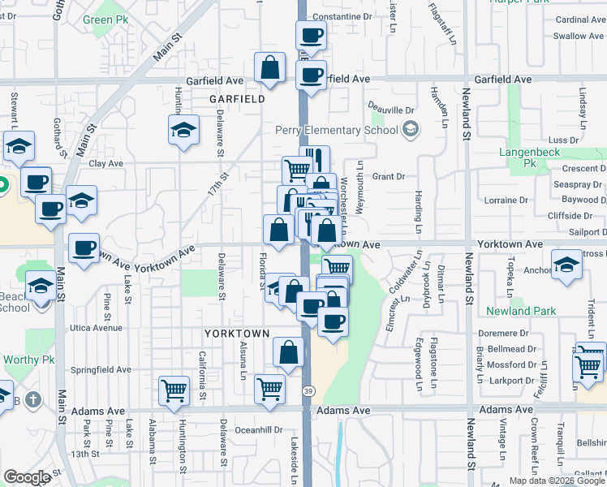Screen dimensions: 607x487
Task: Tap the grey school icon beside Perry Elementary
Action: [x=411, y=130]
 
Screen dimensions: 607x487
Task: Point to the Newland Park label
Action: [x=521, y=311]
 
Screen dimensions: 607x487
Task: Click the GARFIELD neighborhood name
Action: [x=237, y=99]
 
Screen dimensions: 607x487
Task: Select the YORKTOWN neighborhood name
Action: [x=236, y=334]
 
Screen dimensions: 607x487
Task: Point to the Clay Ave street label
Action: [x=105, y=163]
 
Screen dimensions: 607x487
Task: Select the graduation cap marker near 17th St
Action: [x=184, y=129]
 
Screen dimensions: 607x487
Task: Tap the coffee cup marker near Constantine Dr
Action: [x=311, y=36]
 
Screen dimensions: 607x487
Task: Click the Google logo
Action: [x=27, y=477]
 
